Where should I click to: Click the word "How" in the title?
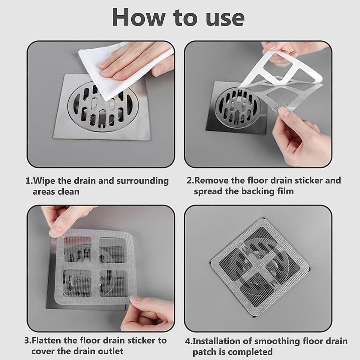(138, 17)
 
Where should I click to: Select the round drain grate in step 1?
(101, 106)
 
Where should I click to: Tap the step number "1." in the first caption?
(29, 181)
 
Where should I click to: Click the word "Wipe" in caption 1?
(44, 181)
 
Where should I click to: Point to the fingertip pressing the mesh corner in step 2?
(284, 113)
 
